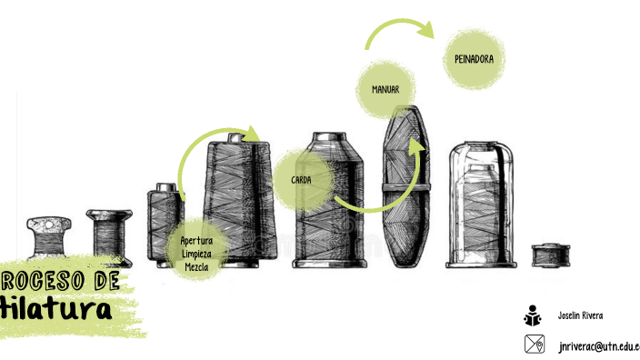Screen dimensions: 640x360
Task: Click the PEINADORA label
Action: coord(474,59)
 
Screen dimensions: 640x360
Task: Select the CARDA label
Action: coord(302,180)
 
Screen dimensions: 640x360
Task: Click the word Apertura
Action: coord(196,240)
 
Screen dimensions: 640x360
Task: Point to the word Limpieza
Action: coord(196,254)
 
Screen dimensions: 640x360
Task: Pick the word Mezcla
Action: coord(196,267)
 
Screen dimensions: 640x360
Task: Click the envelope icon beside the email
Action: coord(534,345)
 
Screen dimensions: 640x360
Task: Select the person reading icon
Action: coord(533,316)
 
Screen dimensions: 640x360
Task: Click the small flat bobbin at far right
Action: coord(548,255)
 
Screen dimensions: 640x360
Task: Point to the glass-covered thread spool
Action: coord(482,205)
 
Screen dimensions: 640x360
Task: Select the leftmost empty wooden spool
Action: coord(49,240)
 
